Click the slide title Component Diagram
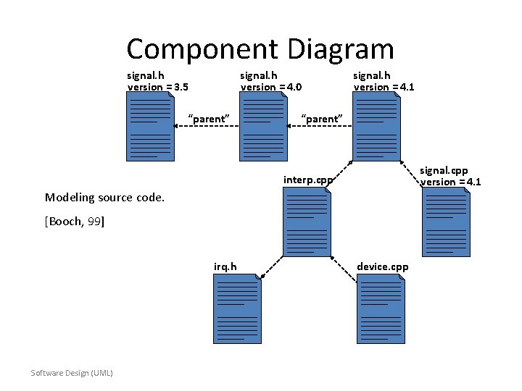pos(260,49)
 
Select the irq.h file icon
pos(237,311)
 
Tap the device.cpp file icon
pos(380,311)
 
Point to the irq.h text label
pos(225,266)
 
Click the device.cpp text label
pos(383,266)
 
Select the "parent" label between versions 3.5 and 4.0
pos(209,118)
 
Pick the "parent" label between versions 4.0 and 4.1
pos(320,118)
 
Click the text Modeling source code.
pos(104,197)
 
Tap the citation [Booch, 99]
pos(75,222)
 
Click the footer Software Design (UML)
pos(72,372)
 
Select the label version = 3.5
pos(158,87)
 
